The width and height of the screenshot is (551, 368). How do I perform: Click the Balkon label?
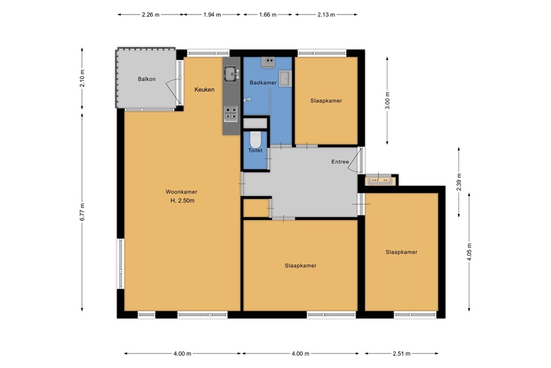coord(146,79)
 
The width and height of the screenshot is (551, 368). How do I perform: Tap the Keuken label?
coord(204,89)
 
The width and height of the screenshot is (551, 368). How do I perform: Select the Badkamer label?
coord(263,82)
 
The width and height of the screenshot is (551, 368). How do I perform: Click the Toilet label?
coord(255,150)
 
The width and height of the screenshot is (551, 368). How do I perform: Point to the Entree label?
coord(340,162)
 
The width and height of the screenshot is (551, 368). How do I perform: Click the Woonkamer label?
coord(181,192)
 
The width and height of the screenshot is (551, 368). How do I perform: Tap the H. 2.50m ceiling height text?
coord(181,201)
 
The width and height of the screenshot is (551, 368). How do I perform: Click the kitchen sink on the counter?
coord(231,72)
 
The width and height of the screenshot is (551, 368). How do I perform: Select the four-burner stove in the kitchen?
coord(231,113)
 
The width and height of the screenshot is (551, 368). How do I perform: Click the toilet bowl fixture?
coord(255,140)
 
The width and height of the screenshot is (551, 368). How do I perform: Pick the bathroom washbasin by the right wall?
coord(285,79)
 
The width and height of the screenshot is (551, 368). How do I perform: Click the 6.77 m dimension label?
coord(82,212)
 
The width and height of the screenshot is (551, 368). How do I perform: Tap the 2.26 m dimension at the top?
coord(151,15)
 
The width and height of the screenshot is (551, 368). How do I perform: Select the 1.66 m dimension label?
coord(267,15)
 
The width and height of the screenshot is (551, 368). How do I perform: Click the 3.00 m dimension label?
coord(387,100)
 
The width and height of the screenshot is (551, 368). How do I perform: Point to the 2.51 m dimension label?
coord(401,353)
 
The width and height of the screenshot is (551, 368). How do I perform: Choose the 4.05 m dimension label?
coord(469,252)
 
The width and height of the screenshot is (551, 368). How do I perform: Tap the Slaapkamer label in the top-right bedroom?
coord(326,101)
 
